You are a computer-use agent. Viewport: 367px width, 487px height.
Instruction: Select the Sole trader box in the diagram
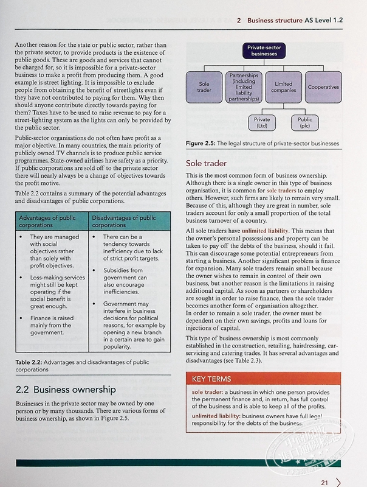[x=204, y=87]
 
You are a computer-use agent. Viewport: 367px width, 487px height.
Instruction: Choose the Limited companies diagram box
[x=283, y=87]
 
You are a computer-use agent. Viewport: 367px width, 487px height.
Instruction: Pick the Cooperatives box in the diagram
[x=323, y=87]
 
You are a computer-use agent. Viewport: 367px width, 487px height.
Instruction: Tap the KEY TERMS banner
[x=212, y=379]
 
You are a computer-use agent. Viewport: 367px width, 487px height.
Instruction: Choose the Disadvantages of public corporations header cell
[x=127, y=222]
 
